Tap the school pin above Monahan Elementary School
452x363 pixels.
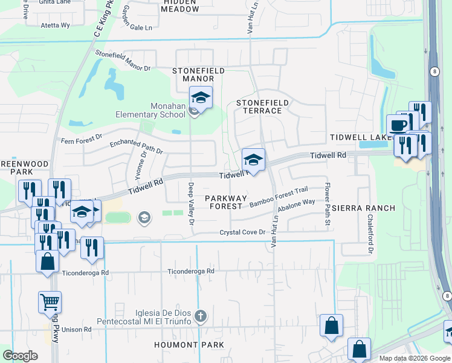tap(201, 97)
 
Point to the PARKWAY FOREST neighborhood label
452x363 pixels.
tap(225, 202)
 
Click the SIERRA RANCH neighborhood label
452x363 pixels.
tap(363, 208)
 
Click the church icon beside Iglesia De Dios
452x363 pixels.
tap(201, 316)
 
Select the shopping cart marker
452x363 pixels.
tap(50, 302)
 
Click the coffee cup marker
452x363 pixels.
tap(397, 125)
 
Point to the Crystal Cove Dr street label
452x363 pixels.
tap(242, 232)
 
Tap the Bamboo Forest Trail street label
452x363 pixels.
tap(279, 197)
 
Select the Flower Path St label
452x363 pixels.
tap(328, 206)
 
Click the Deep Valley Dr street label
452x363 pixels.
tap(191, 204)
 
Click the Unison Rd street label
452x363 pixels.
tap(79, 330)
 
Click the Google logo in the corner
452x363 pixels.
tap(21, 355)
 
